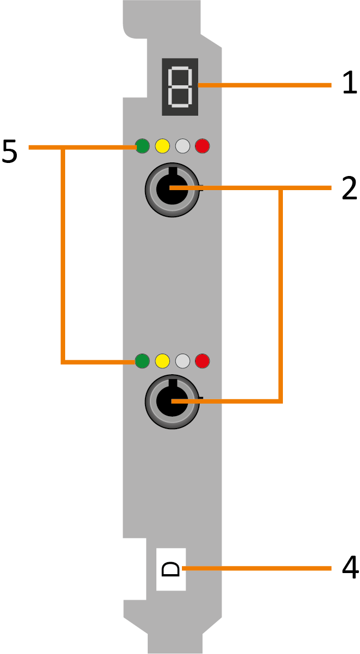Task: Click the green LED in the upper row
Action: coord(142,146)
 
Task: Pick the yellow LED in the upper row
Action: coord(162,146)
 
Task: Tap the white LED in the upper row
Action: coord(182,146)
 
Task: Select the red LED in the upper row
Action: coord(202,146)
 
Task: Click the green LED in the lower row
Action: coord(142,360)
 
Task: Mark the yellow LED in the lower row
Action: coord(162,360)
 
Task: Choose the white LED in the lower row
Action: coord(182,360)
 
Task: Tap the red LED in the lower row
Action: coord(202,360)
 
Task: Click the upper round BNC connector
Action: coord(170,188)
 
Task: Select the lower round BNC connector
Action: coord(170,403)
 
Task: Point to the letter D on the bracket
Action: coord(171,569)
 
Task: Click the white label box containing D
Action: coord(171,557)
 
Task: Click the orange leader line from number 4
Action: coord(261,569)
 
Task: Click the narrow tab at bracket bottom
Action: coord(175,644)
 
